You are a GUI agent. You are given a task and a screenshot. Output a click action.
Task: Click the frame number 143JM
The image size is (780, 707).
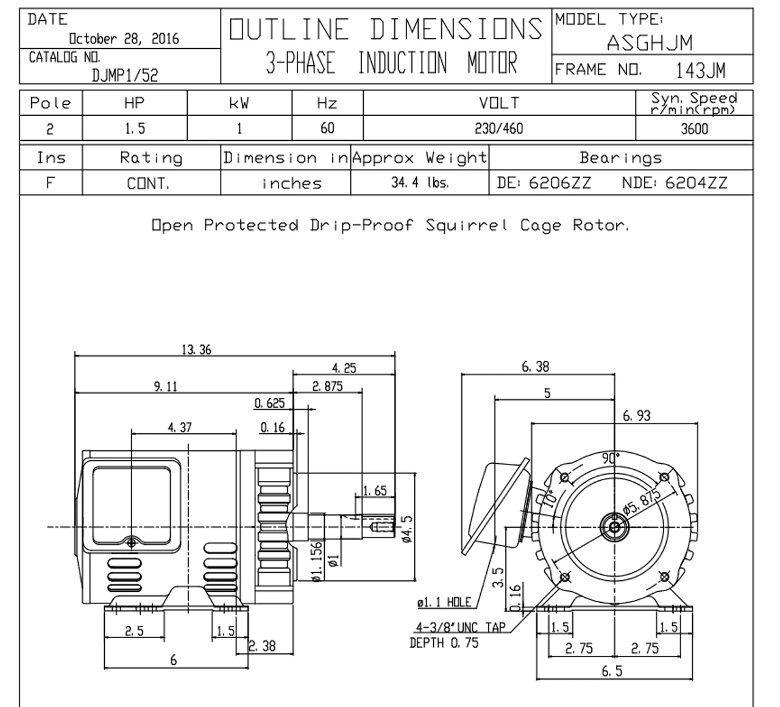point(700,71)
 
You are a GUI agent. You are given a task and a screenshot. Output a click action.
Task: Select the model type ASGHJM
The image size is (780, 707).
point(650,42)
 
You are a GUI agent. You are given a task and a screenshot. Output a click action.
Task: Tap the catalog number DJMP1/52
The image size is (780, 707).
point(125,74)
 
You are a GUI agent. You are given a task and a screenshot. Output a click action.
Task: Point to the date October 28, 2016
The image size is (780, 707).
point(124,39)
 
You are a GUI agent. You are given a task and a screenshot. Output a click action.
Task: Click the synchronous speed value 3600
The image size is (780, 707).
point(693,129)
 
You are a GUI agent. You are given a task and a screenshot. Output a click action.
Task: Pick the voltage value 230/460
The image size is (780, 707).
point(499,129)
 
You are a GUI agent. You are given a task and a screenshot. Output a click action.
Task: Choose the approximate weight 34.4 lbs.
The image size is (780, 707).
point(420,183)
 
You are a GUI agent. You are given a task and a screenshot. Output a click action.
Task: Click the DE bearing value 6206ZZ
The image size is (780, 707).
point(559,183)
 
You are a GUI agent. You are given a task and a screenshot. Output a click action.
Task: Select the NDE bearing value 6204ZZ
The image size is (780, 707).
point(696,183)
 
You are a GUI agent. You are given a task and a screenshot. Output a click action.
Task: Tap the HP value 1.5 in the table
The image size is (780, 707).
point(134,129)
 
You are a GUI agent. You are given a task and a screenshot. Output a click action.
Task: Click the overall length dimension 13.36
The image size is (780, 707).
point(196,350)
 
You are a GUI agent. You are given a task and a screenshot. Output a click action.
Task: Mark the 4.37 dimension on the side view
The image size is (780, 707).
point(180,428)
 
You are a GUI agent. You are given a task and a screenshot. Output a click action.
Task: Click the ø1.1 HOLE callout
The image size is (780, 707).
point(444,603)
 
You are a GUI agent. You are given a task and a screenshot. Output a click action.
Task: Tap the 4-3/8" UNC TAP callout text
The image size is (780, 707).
point(461,627)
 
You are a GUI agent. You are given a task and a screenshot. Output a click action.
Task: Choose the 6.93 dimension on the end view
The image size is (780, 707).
point(637,416)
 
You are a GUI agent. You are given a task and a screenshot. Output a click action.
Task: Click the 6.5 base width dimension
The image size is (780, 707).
point(612,671)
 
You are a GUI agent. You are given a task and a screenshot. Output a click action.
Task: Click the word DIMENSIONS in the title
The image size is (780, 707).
point(456,29)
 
